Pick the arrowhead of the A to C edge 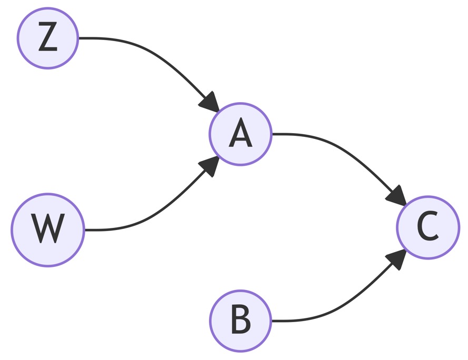[x=397, y=196]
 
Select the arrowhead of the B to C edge [x=397, y=259]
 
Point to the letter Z [x=48, y=38]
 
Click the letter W [x=48, y=229]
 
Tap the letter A [x=241, y=134]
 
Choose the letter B [x=241, y=321]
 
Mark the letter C [x=428, y=227]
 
